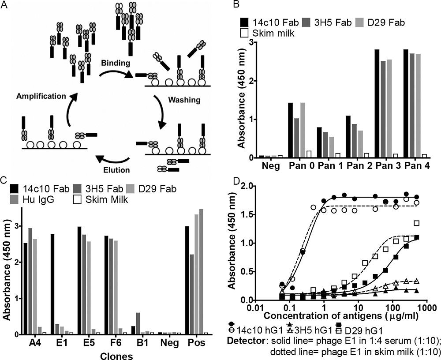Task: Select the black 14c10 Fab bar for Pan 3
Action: pos(377,103)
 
